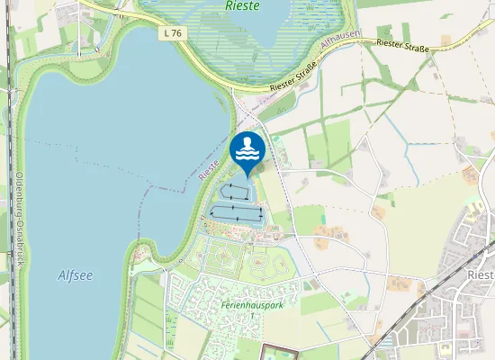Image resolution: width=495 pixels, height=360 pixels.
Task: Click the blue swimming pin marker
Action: coord(247,150)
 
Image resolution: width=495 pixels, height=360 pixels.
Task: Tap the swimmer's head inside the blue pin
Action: coord(247,142)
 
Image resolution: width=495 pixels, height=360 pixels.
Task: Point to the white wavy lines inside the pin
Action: coord(247,156)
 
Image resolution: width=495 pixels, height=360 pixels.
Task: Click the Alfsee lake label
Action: coord(75,275)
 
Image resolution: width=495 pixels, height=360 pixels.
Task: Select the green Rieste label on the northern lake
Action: coord(243,6)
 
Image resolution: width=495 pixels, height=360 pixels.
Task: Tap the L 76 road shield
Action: coord(174,33)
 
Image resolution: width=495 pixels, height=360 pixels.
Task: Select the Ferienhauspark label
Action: coord(252,305)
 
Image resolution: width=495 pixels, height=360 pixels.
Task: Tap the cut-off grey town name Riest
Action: coord(481,273)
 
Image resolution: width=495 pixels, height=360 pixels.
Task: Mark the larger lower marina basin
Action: coord(236,212)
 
